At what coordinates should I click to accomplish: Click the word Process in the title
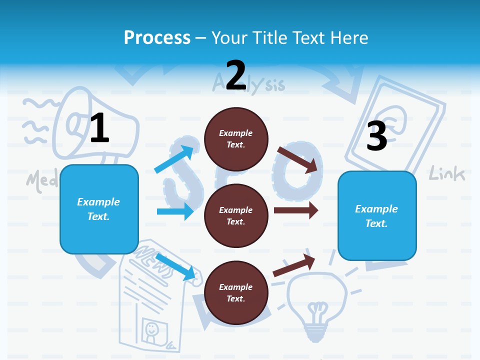click(x=157, y=38)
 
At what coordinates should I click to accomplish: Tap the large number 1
click(x=99, y=128)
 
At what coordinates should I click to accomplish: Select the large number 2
click(x=236, y=75)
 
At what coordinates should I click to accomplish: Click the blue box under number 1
click(x=99, y=209)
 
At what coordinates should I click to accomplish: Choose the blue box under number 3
click(x=377, y=216)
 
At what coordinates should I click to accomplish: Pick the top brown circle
click(x=236, y=139)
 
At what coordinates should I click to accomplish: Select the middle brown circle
click(x=236, y=215)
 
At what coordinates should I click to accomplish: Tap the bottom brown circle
click(x=236, y=292)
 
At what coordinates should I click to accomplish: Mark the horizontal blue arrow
click(x=175, y=211)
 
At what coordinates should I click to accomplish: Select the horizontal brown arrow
click(x=295, y=210)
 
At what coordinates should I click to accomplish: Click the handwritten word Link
click(x=447, y=173)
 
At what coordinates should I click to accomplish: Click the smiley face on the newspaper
click(x=150, y=329)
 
